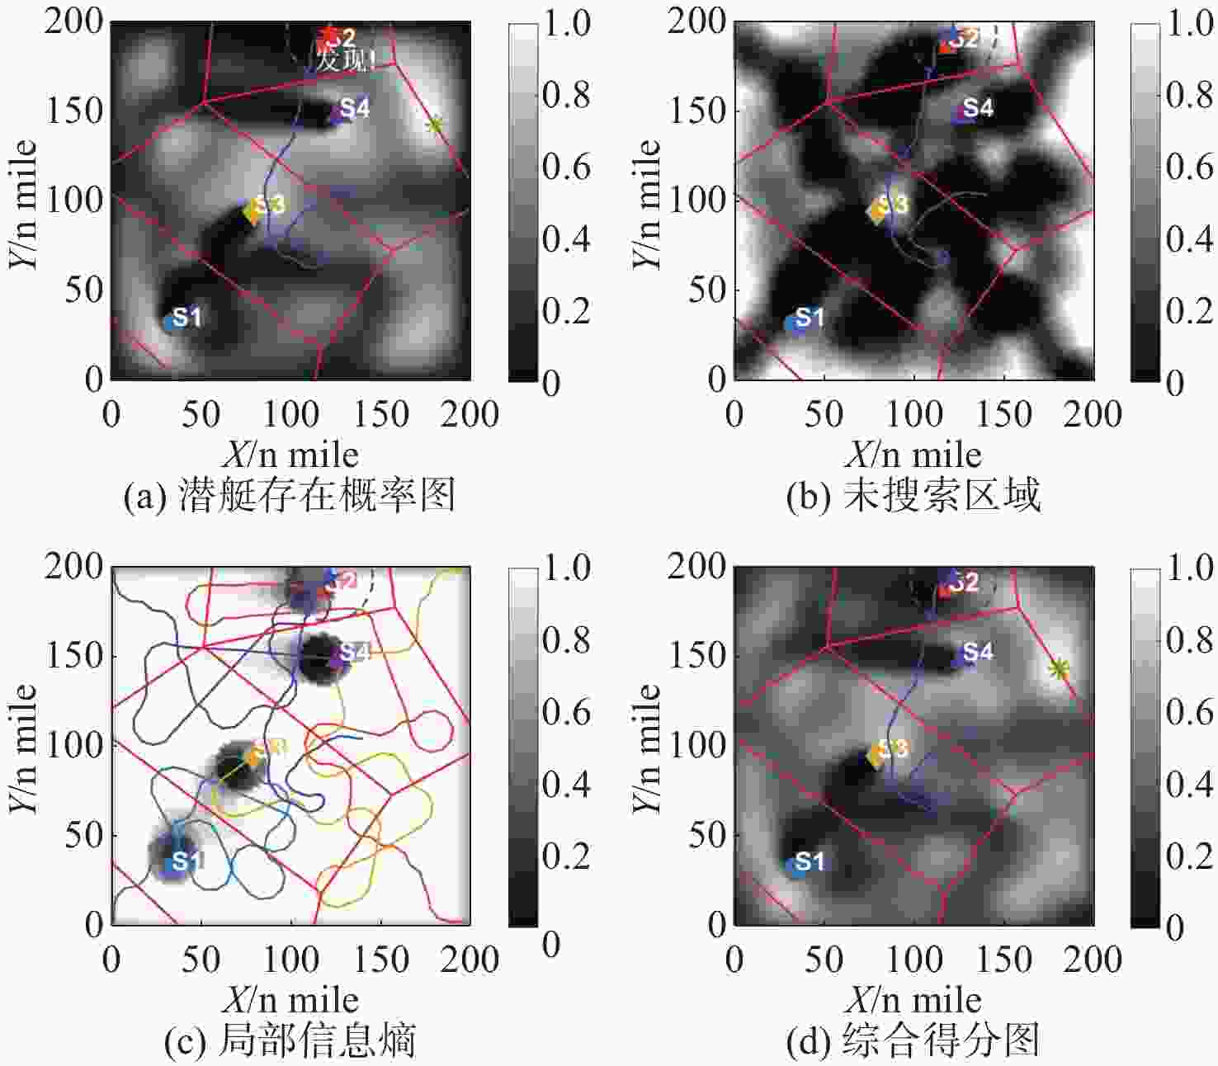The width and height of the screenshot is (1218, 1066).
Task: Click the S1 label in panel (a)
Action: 187,318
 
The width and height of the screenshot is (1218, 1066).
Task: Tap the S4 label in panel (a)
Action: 355,108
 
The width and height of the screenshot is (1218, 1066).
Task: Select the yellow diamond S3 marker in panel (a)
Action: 250,211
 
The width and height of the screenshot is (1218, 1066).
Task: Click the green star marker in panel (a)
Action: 435,125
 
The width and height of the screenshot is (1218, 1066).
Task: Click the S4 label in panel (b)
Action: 978,108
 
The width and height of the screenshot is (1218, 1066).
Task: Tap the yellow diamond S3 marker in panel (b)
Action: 875,211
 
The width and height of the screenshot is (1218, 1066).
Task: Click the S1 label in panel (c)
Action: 187,861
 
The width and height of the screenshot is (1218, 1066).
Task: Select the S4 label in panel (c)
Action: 355,652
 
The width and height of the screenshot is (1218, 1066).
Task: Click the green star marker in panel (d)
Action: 1058,669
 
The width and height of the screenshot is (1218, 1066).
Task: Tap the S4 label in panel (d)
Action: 978,653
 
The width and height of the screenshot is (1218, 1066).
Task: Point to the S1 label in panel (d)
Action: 810,862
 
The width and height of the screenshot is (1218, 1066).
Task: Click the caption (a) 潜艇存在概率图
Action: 290,497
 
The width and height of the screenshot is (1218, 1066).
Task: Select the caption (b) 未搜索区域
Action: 913,497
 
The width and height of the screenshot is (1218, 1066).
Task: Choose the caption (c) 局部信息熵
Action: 290,1041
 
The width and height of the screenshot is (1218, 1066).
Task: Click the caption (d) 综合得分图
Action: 913,1041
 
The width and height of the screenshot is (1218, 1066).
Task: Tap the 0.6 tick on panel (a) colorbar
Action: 566,167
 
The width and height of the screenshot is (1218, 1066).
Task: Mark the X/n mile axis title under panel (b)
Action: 913,455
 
